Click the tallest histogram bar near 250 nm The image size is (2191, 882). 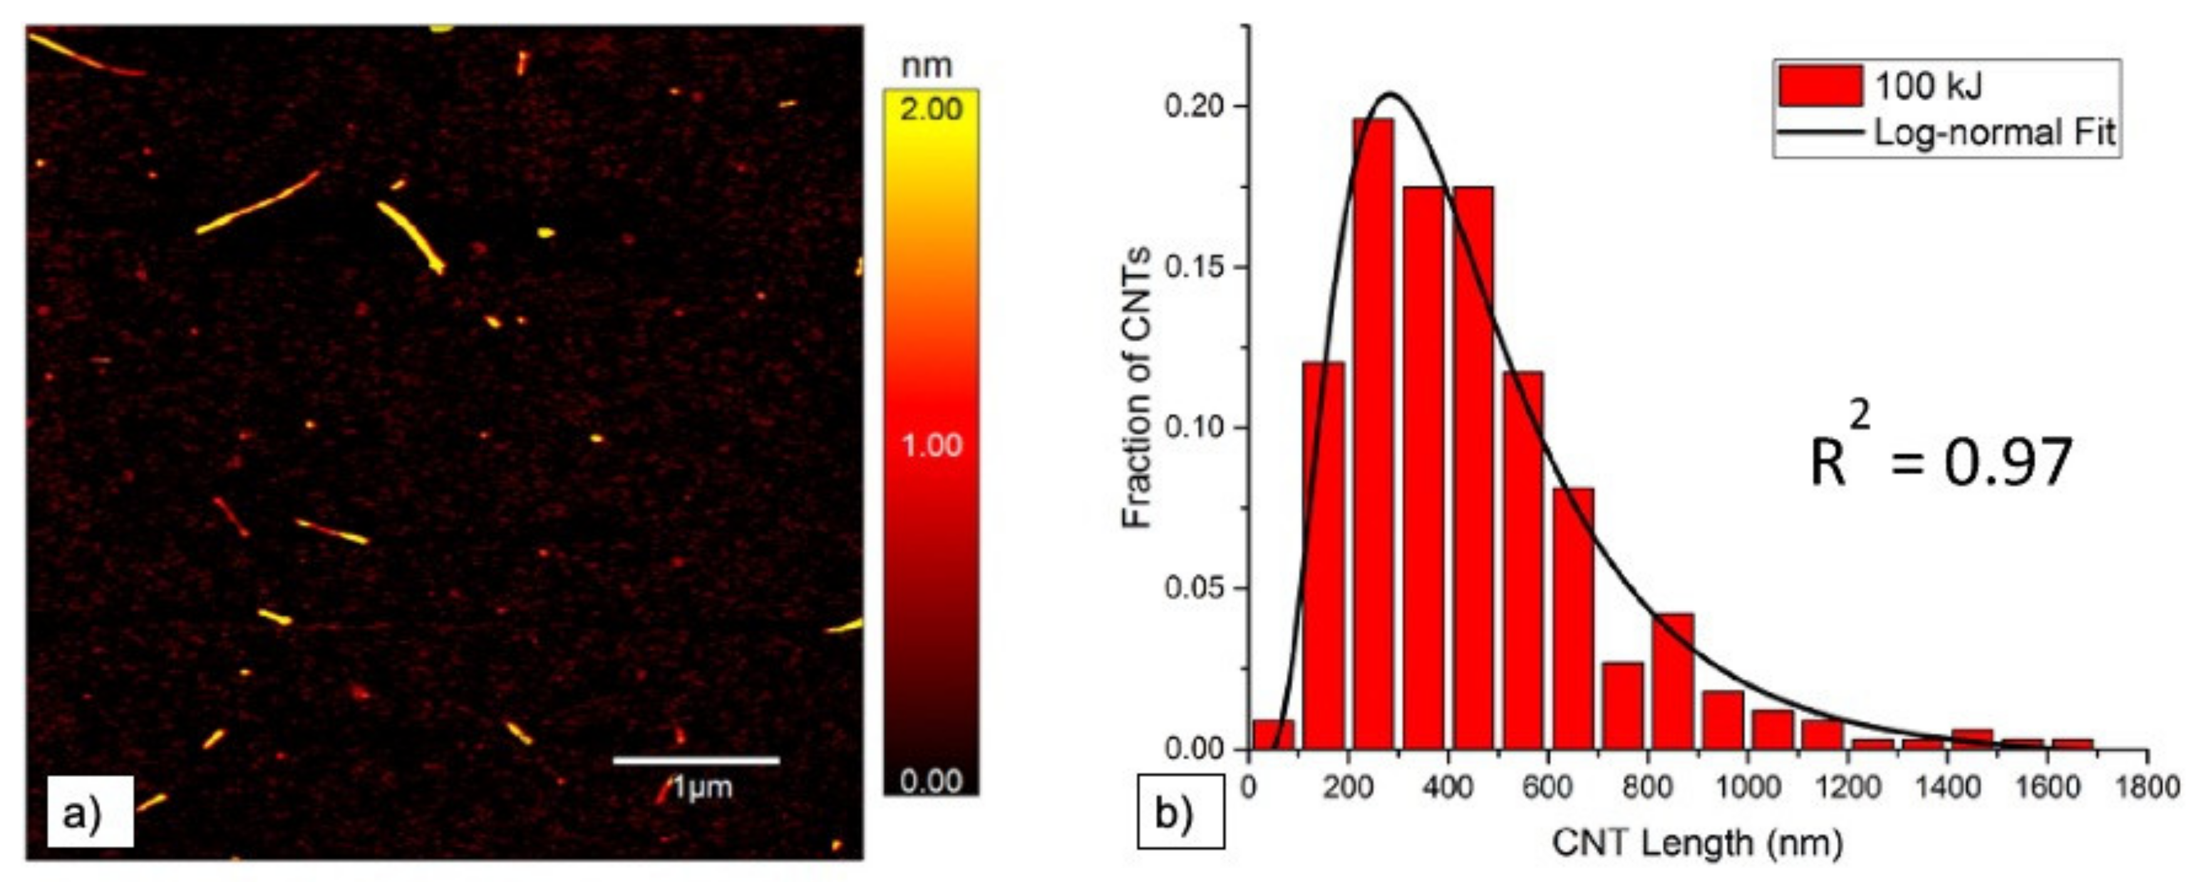(1373, 434)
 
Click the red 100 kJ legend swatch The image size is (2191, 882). (1820, 86)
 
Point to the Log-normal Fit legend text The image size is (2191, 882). (1994, 133)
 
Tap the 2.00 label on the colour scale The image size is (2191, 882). (931, 109)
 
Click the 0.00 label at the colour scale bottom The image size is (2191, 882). (931, 781)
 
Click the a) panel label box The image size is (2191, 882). (90, 813)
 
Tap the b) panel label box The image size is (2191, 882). (1180, 813)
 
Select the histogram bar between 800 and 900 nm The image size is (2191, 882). (1672, 681)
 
